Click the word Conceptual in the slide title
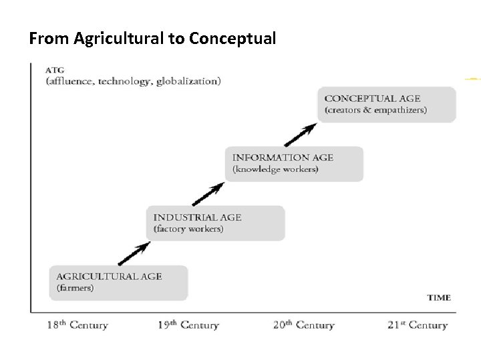tap(232, 39)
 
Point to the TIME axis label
tap(438, 297)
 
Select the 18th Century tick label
tap(77, 325)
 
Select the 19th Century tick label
tap(189, 325)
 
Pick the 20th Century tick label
tap(304, 325)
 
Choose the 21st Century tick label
tap(418, 325)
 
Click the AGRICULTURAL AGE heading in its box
tap(109, 276)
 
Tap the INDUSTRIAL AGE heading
tap(198, 217)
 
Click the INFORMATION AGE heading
tap(283, 158)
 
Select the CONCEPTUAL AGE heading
tap(373, 98)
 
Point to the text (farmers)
tap(75, 289)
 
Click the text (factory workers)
tap(189, 229)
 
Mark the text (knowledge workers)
tap(275, 170)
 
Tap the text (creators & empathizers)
tap(375, 110)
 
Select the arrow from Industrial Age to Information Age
tap(207, 195)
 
